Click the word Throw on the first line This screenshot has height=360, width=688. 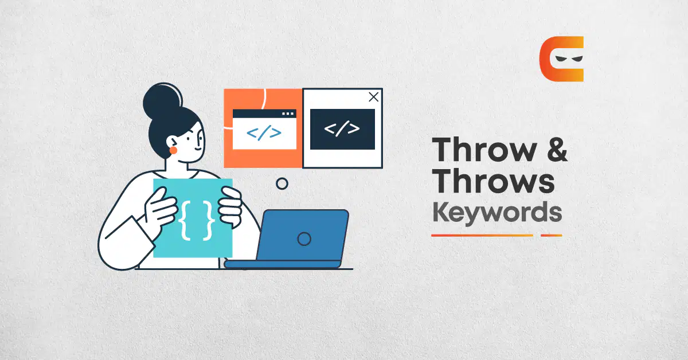(484, 150)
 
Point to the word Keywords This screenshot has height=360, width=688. (497, 213)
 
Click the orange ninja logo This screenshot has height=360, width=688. (562, 59)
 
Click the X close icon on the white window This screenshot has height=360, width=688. (373, 97)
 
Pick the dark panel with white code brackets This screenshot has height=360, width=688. (342, 129)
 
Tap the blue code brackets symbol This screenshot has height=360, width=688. (264, 132)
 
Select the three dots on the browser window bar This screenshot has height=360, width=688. (288, 114)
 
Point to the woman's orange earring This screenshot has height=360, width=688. (173, 150)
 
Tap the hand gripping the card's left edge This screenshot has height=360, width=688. (161, 207)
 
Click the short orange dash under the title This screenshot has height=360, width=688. (552, 236)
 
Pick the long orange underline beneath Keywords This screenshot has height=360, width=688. (482, 236)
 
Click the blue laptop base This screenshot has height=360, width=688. (283, 264)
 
